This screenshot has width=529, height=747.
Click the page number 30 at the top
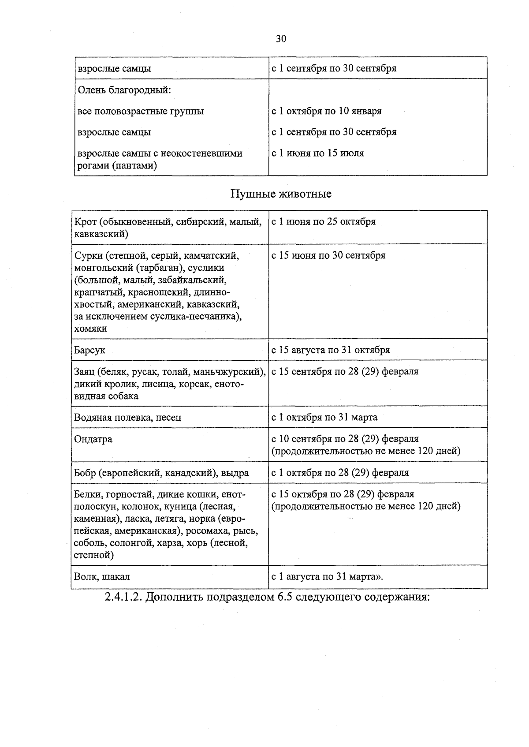281,39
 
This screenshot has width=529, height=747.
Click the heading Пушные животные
281,194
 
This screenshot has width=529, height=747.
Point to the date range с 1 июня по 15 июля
318,153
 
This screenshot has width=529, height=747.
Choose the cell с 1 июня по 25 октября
324,222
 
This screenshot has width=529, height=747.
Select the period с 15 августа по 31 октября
331,350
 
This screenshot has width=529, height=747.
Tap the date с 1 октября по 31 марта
324,417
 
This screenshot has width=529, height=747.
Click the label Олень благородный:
124,90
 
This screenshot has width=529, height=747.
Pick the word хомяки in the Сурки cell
91,329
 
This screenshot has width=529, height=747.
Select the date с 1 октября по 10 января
327,111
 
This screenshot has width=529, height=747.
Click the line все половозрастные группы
141,111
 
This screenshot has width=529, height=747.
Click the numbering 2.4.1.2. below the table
123,598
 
